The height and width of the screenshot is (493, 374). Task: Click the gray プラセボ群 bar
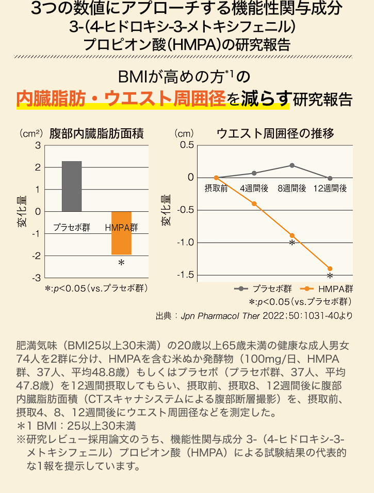(71, 186)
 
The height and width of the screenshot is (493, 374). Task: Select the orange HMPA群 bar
(121, 233)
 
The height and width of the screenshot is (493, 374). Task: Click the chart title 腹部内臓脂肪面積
(96, 134)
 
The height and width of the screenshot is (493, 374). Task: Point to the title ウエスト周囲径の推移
(275, 134)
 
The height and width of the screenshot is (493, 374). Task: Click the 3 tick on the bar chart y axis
(38, 146)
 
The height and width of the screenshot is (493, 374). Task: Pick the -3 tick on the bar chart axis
(37, 278)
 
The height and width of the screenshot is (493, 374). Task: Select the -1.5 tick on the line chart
(185, 275)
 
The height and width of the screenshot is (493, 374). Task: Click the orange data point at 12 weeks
(330, 268)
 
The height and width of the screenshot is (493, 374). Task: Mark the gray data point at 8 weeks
(292, 165)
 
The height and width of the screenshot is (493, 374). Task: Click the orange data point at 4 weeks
(254, 203)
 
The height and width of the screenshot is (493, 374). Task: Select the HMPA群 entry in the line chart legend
(328, 289)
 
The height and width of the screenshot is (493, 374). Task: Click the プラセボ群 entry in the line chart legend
(264, 289)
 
